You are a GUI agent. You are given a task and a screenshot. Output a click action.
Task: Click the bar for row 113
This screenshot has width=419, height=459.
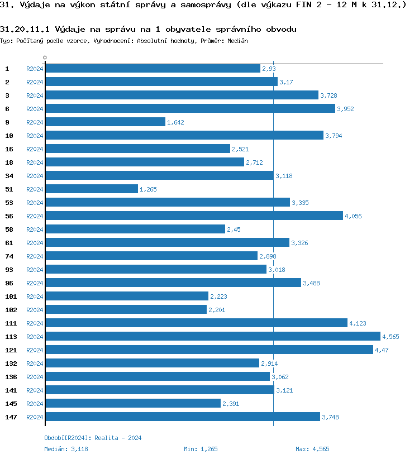(212, 336)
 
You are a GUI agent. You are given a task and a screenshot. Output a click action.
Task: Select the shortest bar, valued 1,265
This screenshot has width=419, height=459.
(92, 189)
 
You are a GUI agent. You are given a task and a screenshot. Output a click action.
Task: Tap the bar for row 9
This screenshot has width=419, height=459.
(105, 122)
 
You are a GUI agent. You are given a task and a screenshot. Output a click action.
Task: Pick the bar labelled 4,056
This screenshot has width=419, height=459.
(194, 216)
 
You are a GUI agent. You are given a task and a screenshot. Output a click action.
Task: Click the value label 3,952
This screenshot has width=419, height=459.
(345, 109)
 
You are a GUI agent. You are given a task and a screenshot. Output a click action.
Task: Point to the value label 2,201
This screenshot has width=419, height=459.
(217, 310)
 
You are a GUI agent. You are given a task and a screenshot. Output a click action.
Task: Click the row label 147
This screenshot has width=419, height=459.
(11, 417)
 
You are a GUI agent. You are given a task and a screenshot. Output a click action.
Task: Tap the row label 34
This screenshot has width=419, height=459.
(9, 176)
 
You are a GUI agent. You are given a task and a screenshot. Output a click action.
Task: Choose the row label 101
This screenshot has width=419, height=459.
(11, 297)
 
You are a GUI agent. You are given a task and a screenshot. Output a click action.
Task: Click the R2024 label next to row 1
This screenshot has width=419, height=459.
(35, 69)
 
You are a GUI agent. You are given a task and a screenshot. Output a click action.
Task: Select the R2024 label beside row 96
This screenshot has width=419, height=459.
(35, 283)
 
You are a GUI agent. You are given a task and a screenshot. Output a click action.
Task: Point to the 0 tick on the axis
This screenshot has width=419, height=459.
(45, 58)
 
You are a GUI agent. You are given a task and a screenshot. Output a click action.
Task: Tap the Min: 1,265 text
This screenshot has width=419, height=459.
(201, 448)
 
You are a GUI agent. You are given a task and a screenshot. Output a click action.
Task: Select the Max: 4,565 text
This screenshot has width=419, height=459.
(312, 448)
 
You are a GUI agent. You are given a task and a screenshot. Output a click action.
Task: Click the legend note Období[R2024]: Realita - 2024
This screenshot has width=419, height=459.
(93, 438)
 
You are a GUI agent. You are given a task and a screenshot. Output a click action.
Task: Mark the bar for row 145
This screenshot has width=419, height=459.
(133, 403)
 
